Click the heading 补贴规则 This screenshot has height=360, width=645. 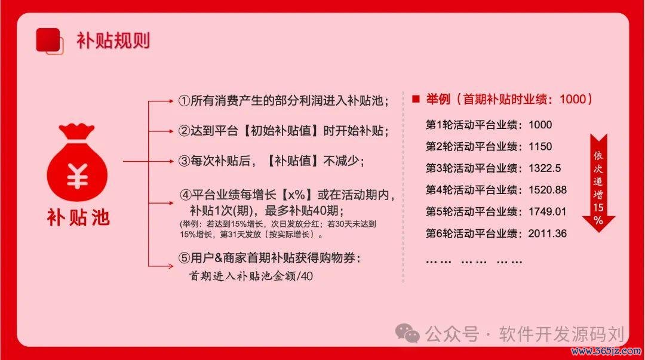(113, 41)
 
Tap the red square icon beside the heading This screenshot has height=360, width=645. (50, 41)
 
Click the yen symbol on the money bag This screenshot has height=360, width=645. (77, 176)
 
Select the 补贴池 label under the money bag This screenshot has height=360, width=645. (78, 217)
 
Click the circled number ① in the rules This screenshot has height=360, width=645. (184, 100)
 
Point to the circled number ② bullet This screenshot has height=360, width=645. (184, 131)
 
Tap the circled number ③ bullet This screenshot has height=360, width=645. (184, 161)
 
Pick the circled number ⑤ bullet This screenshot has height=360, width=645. (184, 258)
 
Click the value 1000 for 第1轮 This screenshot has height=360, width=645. (540, 125)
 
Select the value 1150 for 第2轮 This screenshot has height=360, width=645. (540, 146)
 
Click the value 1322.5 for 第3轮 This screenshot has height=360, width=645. (545, 168)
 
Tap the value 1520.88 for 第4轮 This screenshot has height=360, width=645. (548, 190)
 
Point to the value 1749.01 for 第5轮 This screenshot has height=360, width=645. (548, 211)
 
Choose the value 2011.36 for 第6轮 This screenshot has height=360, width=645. (548, 233)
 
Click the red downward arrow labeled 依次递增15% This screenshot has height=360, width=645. (598, 183)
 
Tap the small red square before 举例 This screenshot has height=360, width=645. (416, 99)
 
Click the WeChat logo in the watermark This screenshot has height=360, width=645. (407, 333)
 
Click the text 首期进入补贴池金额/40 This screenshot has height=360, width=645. (251, 276)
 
